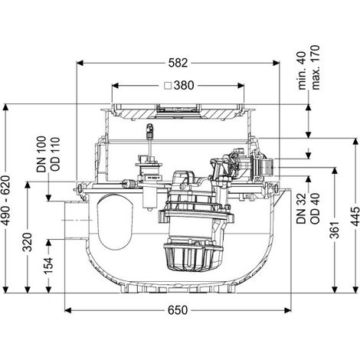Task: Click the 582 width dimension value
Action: pyautogui.click(x=178, y=63)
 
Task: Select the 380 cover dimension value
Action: pyautogui.click(x=184, y=86)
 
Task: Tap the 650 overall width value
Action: pyautogui.click(x=178, y=310)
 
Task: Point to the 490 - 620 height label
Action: pyautogui.click(x=6, y=201)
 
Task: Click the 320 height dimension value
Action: pyautogui.click(x=28, y=242)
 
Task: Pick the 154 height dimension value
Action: pyautogui.click(x=49, y=266)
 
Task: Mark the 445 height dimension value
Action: pyautogui.click(x=355, y=217)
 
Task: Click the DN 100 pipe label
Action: pyautogui.click(x=41, y=154)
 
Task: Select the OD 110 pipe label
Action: pyautogui.click(x=55, y=154)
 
